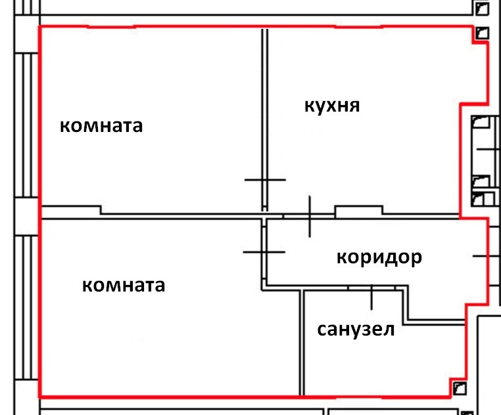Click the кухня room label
(x=332, y=105)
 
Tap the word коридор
(x=379, y=257)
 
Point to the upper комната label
(x=101, y=125)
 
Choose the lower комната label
(x=124, y=286)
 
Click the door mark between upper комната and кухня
(x=265, y=179)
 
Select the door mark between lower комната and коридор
(x=264, y=251)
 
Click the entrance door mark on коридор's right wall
(x=485, y=255)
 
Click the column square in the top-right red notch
(x=482, y=32)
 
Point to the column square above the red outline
(x=483, y=8)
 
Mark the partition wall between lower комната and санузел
(x=303, y=341)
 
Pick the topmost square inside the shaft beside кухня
(x=481, y=123)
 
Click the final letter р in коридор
(x=416, y=259)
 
